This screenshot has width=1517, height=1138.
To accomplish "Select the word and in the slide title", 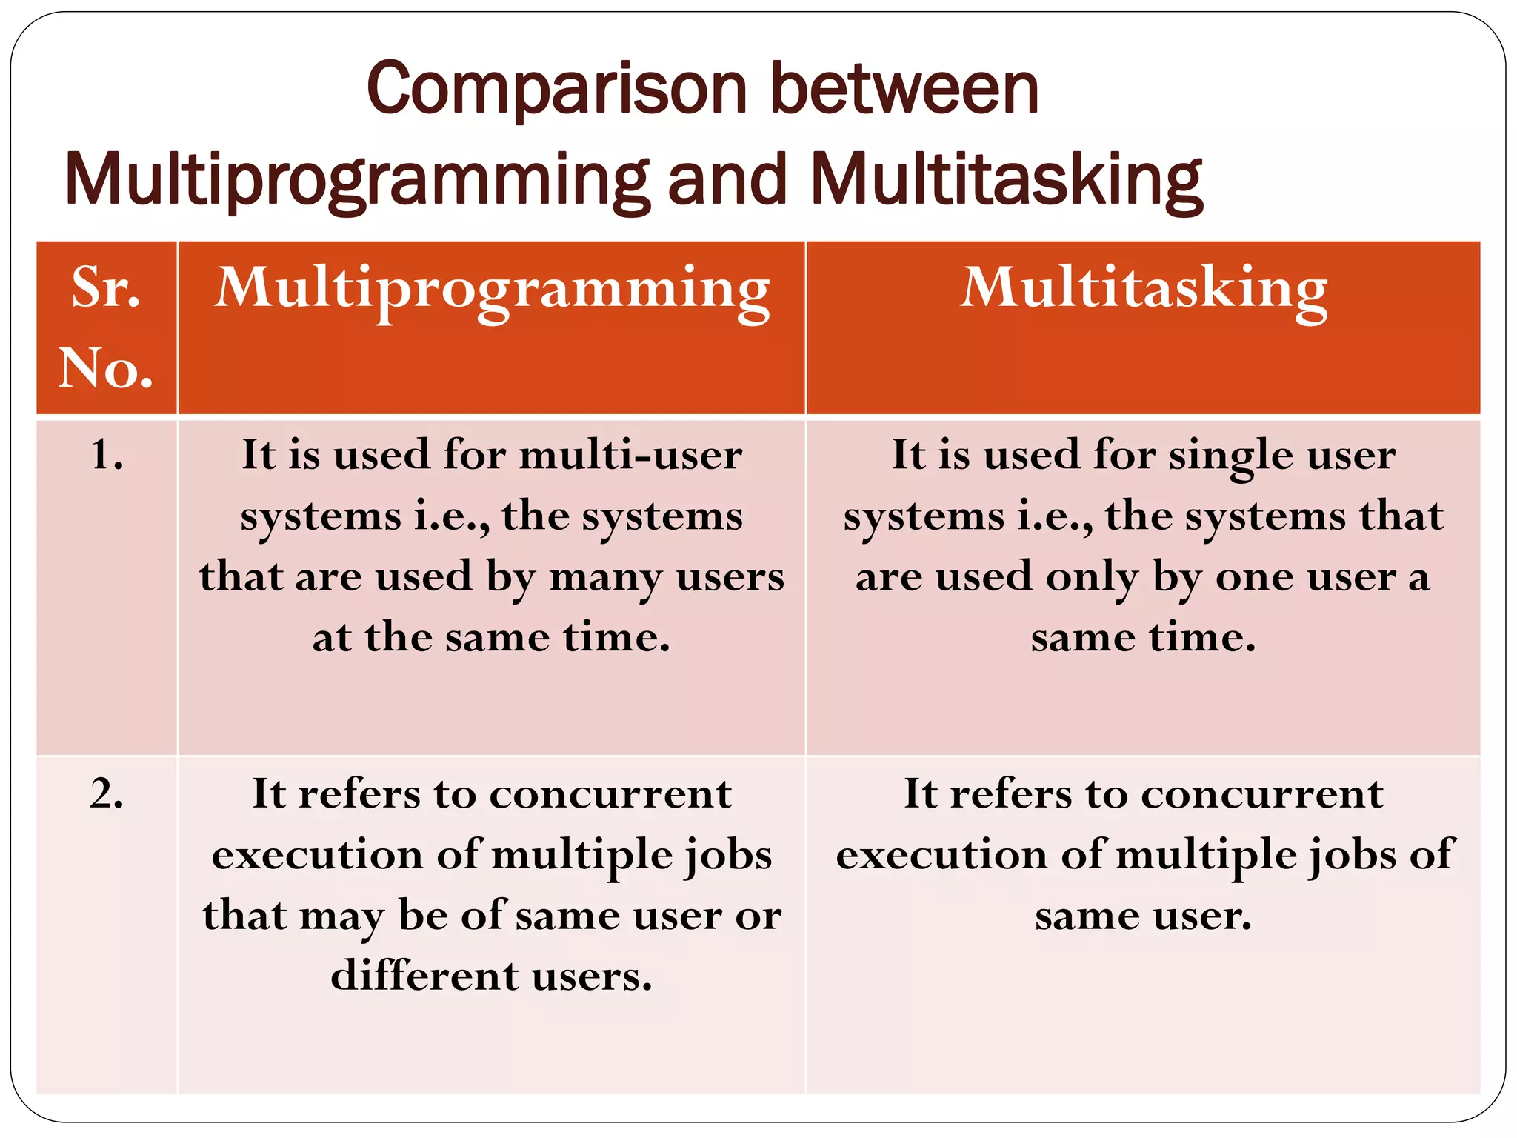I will (726, 180).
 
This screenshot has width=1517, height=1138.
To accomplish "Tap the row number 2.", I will (106, 793).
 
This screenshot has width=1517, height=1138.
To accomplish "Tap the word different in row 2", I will (424, 976).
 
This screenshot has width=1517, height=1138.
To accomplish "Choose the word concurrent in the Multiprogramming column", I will (610, 794).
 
